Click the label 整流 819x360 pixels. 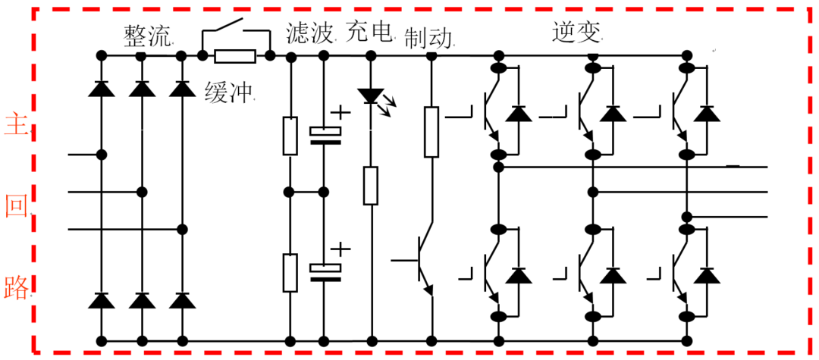(146, 36)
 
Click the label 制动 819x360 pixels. (428, 39)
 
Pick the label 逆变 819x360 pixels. (577, 33)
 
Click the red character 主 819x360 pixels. (16, 127)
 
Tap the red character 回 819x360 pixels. (16, 207)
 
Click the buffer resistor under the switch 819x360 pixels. (236, 55)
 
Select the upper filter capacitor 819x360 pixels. (325, 135)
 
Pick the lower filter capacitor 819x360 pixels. (325, 272)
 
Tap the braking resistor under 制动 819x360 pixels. (431, 131)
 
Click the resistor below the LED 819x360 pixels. (371, 186)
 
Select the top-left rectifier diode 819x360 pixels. (102, 89)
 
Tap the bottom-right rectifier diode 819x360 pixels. (182, 301)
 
